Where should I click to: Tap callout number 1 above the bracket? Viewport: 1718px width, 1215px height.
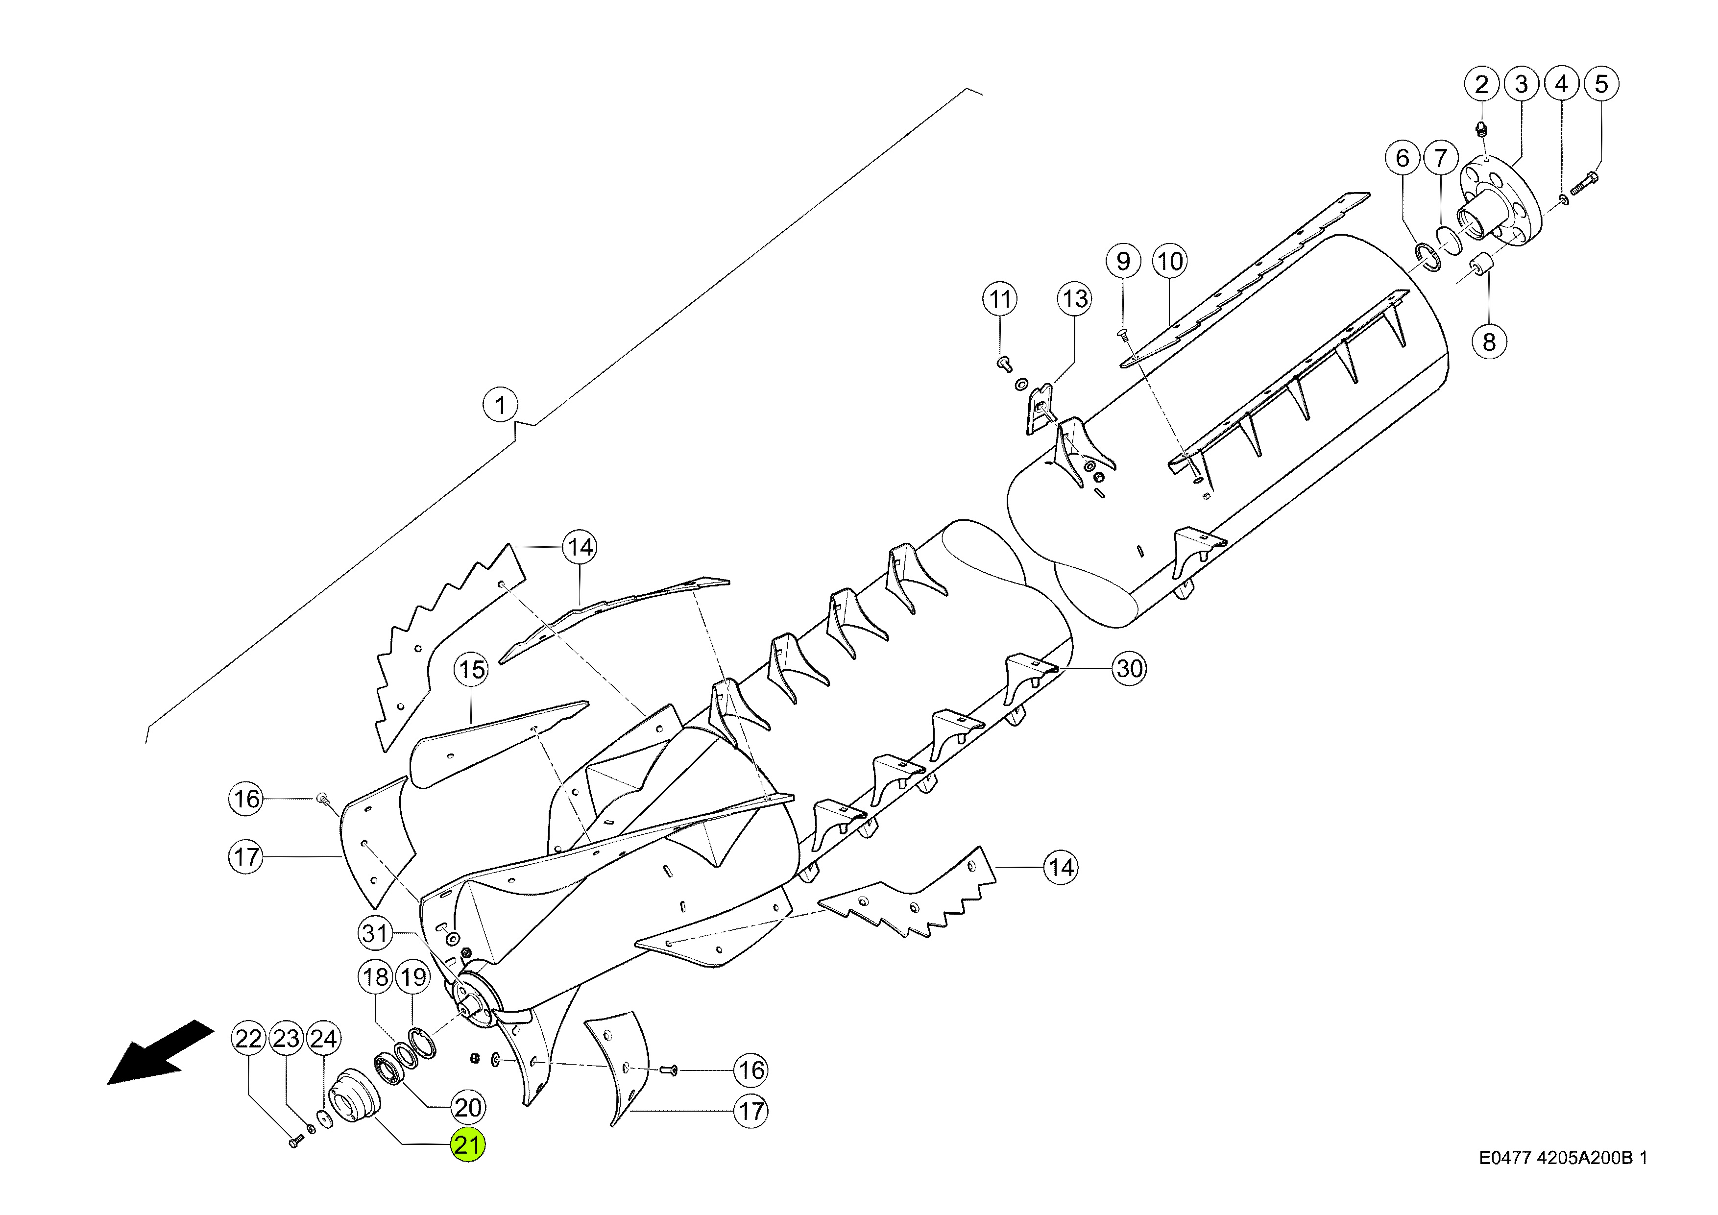click(501, 406)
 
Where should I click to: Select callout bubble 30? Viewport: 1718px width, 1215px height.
click(1129, 668)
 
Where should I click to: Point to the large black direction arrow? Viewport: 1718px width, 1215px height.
click(160, 1052)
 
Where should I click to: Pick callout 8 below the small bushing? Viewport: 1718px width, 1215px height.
click(1489, 342)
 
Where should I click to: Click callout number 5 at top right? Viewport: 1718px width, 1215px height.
click(1601, 83)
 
